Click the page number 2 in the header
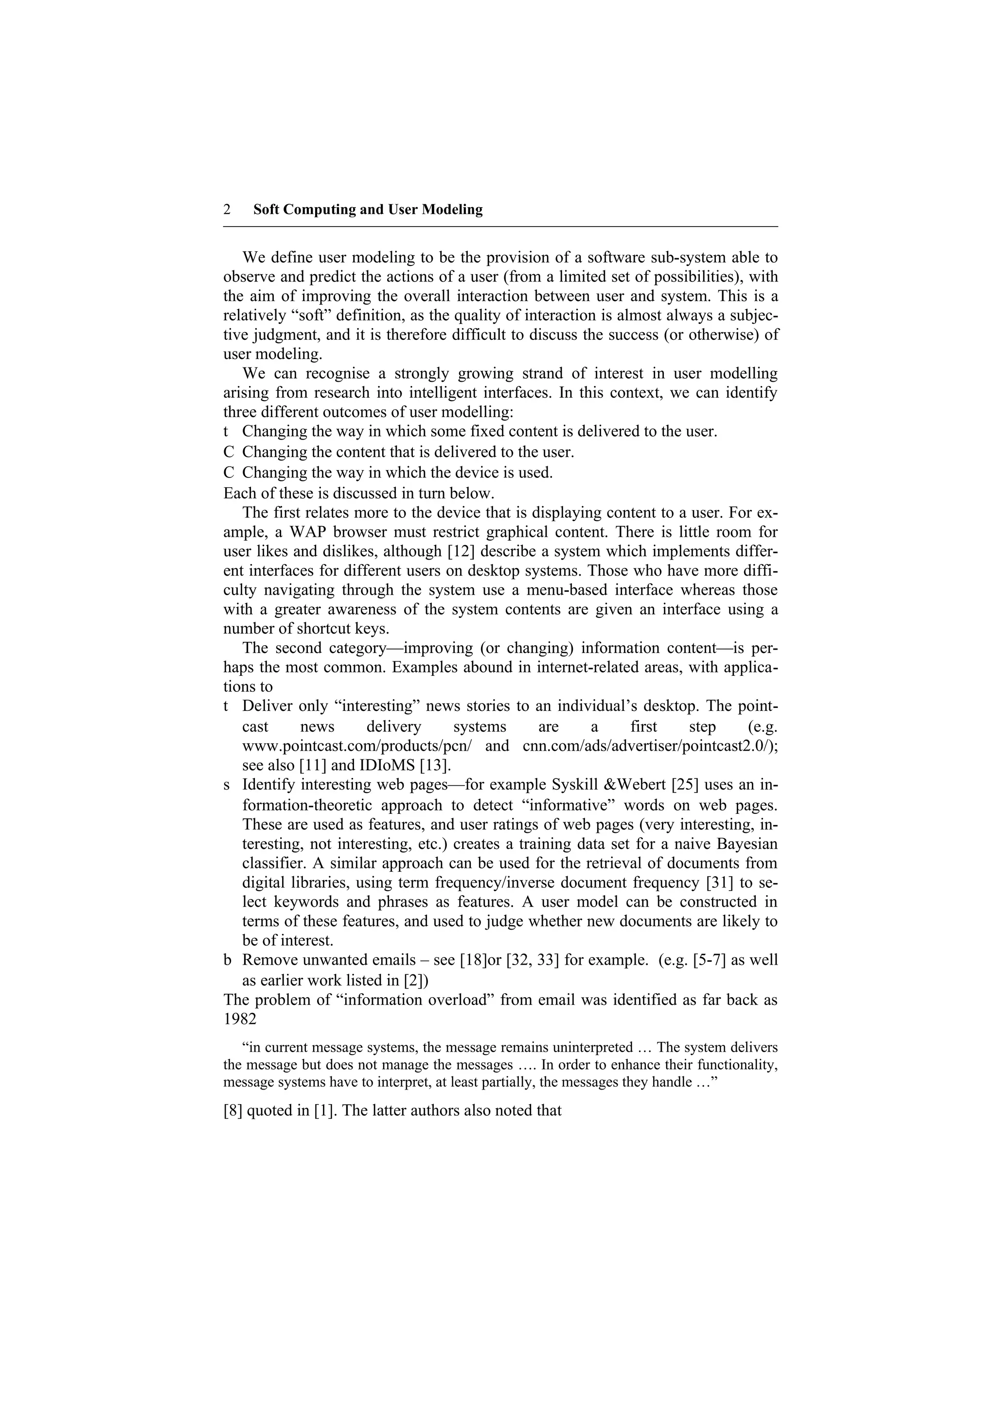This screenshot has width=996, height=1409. tap(227, 210)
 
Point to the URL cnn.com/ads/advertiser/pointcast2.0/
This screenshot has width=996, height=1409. tap(650, 746)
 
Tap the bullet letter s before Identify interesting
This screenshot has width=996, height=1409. tap(227, 785)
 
